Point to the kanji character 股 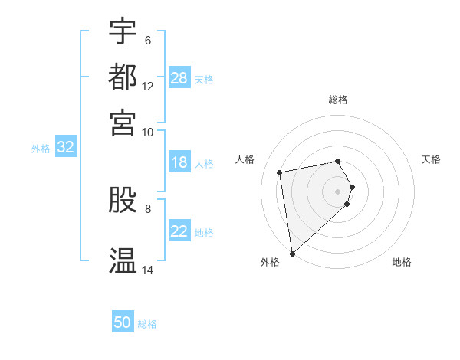pyautogui.click(x=123, y=201)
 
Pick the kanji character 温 pyautogui.click(x=123, y=260)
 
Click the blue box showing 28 pyautogui.click(x=179, y=78)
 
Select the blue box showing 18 pyautogui.click(x=179, y=163)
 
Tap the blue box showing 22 pyautogui.click(x=179, y=232)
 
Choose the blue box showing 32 pyautogui.click(x=65, y=148)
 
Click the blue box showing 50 pyautogui.click(x=123, y=323)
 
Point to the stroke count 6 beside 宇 pyautogui.click(x=148, y=40)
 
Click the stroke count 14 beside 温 pyautogui.click(x=148, y=270)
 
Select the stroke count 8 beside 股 pyautogui.click(x=148, y=208)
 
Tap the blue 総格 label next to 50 pyautogui.click(x=147, y=324)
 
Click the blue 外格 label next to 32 pyautogui.click(x=41, y=149)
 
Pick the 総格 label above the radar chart pyautogui.click(x=338, y=100)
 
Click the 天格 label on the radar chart pyautogui.click(x=432, y=159)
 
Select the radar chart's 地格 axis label pyautogui.click(x=402, y=262)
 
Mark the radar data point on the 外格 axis pyautogui.click(x=292, y=253)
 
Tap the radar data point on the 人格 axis pyautogui.click(x=280, y=172)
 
